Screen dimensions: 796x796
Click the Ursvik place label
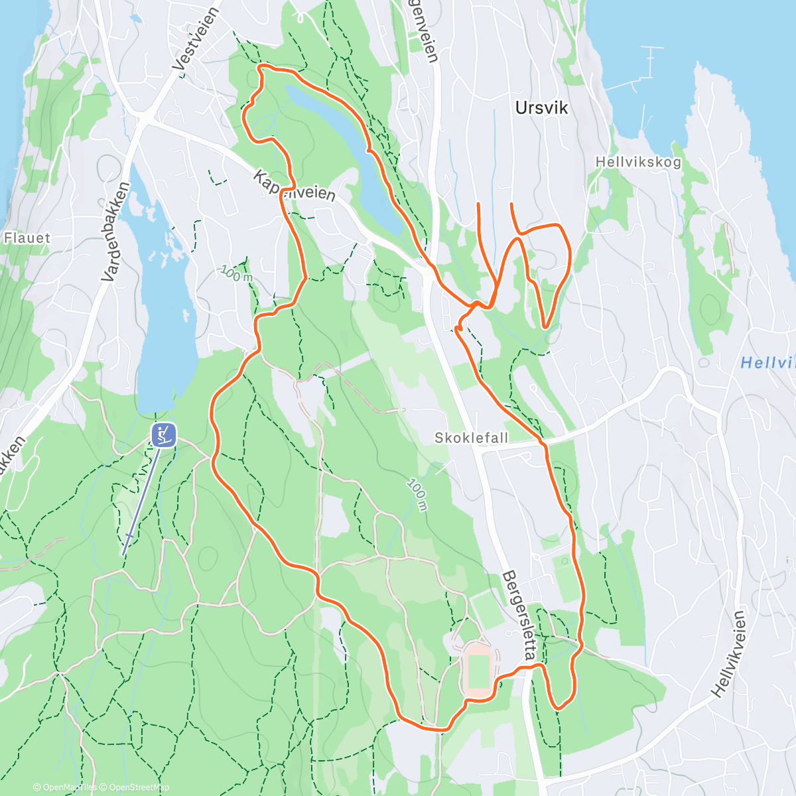(x=541, y=108)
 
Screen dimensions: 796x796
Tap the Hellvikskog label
(x=637, y=162)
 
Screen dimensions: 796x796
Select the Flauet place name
(x=27, y=237)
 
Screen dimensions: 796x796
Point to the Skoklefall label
(x=471, y=438)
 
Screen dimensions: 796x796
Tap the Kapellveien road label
(x=294, y=185)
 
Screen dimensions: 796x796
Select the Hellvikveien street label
(x=729, y=654)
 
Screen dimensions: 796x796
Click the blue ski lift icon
(x=163, y=435)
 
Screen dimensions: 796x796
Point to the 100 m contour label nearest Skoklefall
(x=417, y=495)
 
